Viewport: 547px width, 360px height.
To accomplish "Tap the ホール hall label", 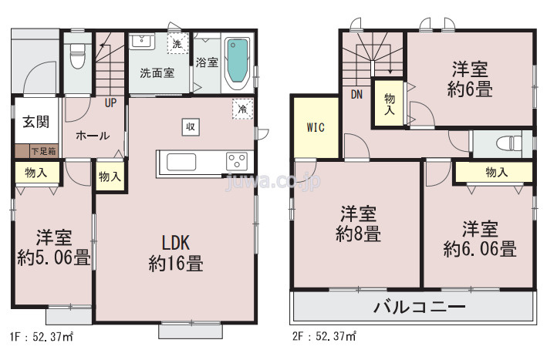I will (92, 136).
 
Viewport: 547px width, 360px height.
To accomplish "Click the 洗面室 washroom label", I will (157, 73).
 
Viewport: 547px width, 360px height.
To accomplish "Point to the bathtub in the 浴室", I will (238, 62).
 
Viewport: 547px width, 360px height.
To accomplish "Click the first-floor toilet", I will (77, 55).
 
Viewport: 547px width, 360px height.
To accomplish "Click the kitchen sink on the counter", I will (183, 162).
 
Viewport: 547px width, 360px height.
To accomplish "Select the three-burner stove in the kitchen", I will (237, 161).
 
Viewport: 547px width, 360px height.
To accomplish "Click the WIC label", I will (315, 126).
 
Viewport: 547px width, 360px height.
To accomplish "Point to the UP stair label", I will (110, 102).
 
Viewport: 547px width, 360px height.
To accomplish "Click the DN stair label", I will (356, 95).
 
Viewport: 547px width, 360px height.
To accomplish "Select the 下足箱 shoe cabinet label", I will (42, 150).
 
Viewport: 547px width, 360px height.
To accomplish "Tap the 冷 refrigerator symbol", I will (243, 109).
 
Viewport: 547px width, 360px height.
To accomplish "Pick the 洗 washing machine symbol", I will (177, 44).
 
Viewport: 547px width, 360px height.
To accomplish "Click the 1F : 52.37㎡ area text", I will (41, 337).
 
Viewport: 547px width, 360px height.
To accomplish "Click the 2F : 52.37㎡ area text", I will (324, 337).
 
